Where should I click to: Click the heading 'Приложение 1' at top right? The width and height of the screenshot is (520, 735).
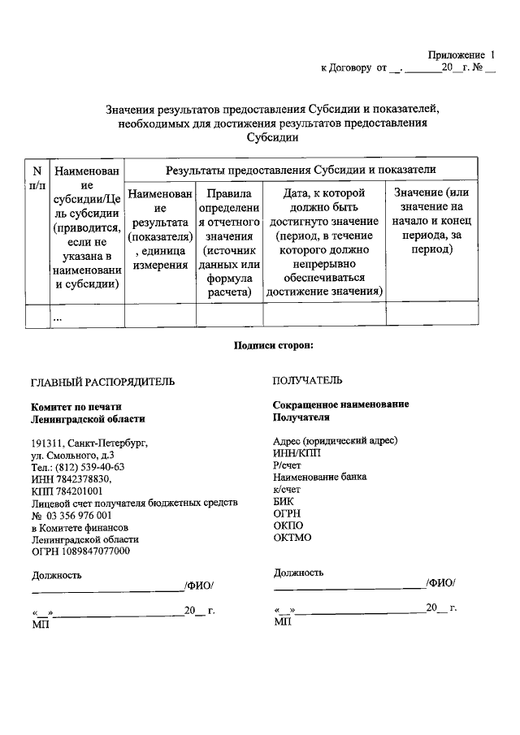[x=461, y=54]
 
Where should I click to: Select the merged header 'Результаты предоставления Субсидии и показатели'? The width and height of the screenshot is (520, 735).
[x=301, y=170]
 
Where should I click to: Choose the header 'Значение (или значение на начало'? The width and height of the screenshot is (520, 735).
[x=431, y=220]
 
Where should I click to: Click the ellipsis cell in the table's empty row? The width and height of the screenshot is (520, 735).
[x=58, y=318]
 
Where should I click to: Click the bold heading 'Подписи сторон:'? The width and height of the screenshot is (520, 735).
[x=273, y=344]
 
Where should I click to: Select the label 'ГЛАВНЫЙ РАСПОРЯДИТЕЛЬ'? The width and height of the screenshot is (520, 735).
[x=102, y=381]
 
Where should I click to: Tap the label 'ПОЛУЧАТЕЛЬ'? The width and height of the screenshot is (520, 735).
[x=307, y=380]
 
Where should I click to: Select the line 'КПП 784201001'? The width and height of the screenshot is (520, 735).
[x=67, y=491]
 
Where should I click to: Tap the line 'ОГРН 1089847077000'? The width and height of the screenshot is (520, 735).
[x=80, y=551]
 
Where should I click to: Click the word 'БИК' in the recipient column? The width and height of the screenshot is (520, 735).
[x=284, y=502]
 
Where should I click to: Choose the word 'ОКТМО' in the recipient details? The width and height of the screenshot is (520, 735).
[x=292, y=538]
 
